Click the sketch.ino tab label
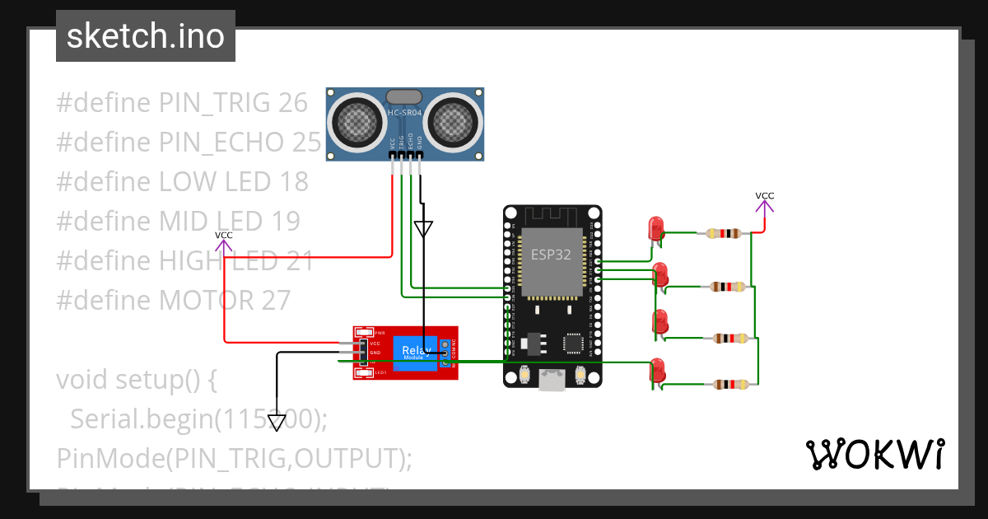(145, 36)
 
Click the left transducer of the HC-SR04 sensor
(358, 123)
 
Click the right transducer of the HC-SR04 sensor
(451, 123)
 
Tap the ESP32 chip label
(551, 254)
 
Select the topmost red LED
(656, 228)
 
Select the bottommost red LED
(657, 369)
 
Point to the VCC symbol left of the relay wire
(223, 241)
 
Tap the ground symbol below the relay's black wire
(277, 422)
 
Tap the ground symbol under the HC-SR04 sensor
(422, 228)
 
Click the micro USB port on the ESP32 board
(551, 379)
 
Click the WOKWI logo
(874, 454)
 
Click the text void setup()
(137, 380)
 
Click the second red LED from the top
(659, 275)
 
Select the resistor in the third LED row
(729, 338)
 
